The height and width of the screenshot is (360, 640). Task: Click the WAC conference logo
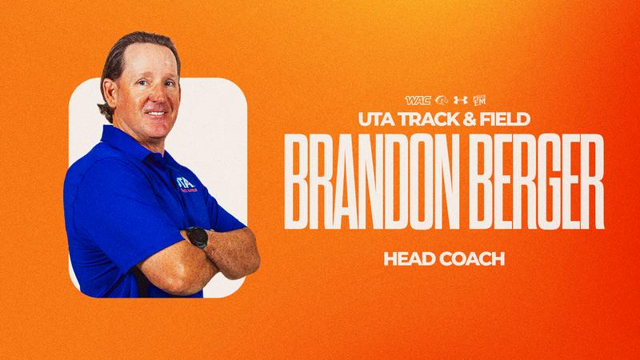click(x=417, y=101)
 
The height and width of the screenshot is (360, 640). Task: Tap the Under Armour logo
click(x=460, y=101)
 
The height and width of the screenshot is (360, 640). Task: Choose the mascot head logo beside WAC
click(x=441, y=101)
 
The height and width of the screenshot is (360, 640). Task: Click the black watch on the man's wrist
click(x=197, y=238)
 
